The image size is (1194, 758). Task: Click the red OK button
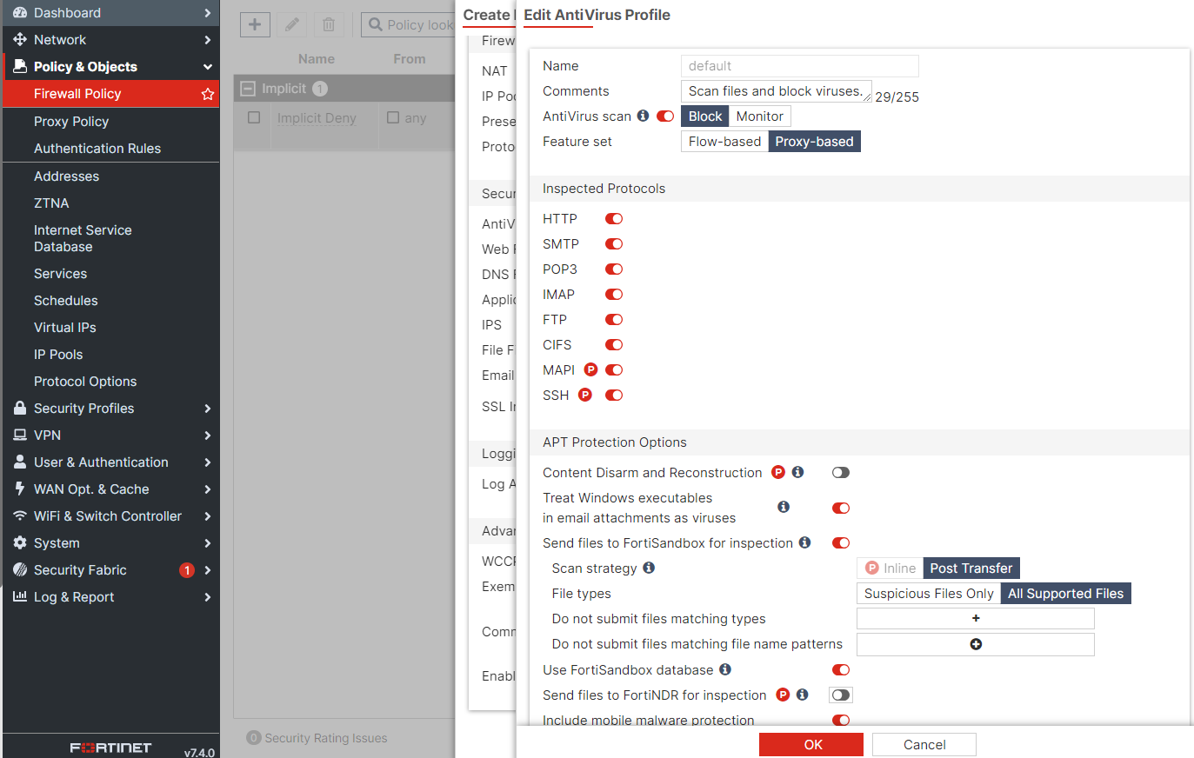pyautogui.click(x=810, y=744)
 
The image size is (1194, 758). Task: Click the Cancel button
pyautogui.click(x=924, y=744)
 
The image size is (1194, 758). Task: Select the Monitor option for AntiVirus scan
pyautogui.click(x=759, y=116)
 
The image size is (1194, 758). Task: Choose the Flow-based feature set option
pyautogui.click(x=724, y=142)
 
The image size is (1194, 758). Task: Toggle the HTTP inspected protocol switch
pyautogui.click(x=614, y=219)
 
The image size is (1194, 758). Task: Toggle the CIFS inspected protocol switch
pyautogui.click(x=614, y=345)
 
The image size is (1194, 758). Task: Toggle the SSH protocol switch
pyautogui.click(x=614, y=396)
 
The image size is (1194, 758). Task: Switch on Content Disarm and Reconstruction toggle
pyautogui.click(x=840, y=473)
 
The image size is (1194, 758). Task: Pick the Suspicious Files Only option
pyautogui.click(x=928, y=594)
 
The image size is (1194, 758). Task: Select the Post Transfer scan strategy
pyautogui.click(x=971, y=568)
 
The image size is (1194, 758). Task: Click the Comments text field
pyautogui.click(x=775, y=91)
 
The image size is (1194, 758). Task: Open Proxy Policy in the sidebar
pyautogui.click(x=71, y=122)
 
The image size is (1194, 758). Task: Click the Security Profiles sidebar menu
pyautogui.click(x=83, y=409)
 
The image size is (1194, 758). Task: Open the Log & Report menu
pyautogui.click(x=74, y=597)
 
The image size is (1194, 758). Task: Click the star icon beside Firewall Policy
pyautogui.click(x=208, y=94)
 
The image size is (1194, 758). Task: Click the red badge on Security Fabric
pyautogui.click(x=186, y=570)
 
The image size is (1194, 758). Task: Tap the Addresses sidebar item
pyautogui.click(x=66, y=176)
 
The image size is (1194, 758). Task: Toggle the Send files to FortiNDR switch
pyautogui.click(x=840, y=695)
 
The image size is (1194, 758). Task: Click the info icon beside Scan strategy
pyautogui.click(x=649, y=568)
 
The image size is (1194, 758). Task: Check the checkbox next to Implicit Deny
pyautogui.click(x=254, y=117)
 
